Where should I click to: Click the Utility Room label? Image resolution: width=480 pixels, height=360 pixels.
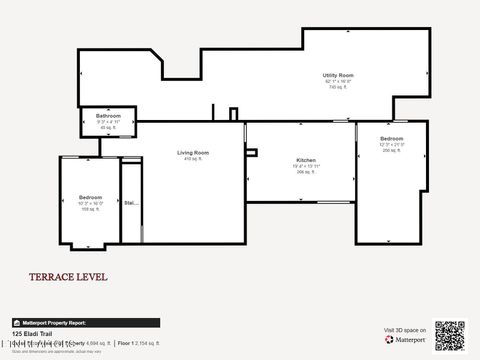coord(337,75)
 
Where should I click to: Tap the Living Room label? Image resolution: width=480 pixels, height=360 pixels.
coord(190,152)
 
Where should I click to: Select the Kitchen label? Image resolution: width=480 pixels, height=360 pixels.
coord(305,160)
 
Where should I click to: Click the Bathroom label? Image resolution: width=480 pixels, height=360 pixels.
coord(108,116)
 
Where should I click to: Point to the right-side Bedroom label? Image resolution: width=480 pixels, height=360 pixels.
coord(391,138)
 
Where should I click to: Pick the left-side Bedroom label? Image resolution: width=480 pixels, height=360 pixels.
coord(90,197)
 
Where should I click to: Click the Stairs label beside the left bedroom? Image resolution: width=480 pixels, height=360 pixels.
coord(130,202)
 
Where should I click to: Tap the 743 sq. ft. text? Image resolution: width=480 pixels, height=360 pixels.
coord(337,87)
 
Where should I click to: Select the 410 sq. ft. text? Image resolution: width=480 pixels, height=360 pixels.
coord(190,159)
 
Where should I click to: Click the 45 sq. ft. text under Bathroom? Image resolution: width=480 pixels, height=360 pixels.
coord(108,128)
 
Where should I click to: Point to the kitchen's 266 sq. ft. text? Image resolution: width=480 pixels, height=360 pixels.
coord(305,172)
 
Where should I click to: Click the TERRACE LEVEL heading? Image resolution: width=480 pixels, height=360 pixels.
coord(68,277)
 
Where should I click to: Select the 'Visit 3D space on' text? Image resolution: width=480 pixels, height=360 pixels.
coord(405,329)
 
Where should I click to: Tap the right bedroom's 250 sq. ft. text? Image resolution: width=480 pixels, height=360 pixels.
coord(391,150)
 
